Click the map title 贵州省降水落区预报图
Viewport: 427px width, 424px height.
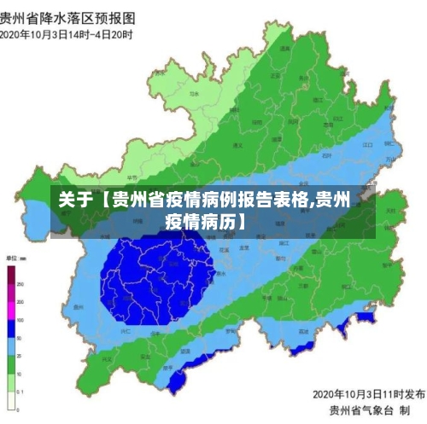pyautogui.click(x=68, y=16)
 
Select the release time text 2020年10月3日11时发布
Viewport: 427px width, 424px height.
pyautogui.click(x=369, y=394)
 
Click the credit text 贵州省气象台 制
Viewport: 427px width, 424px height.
pyautogui.click(x=379, y=410)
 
